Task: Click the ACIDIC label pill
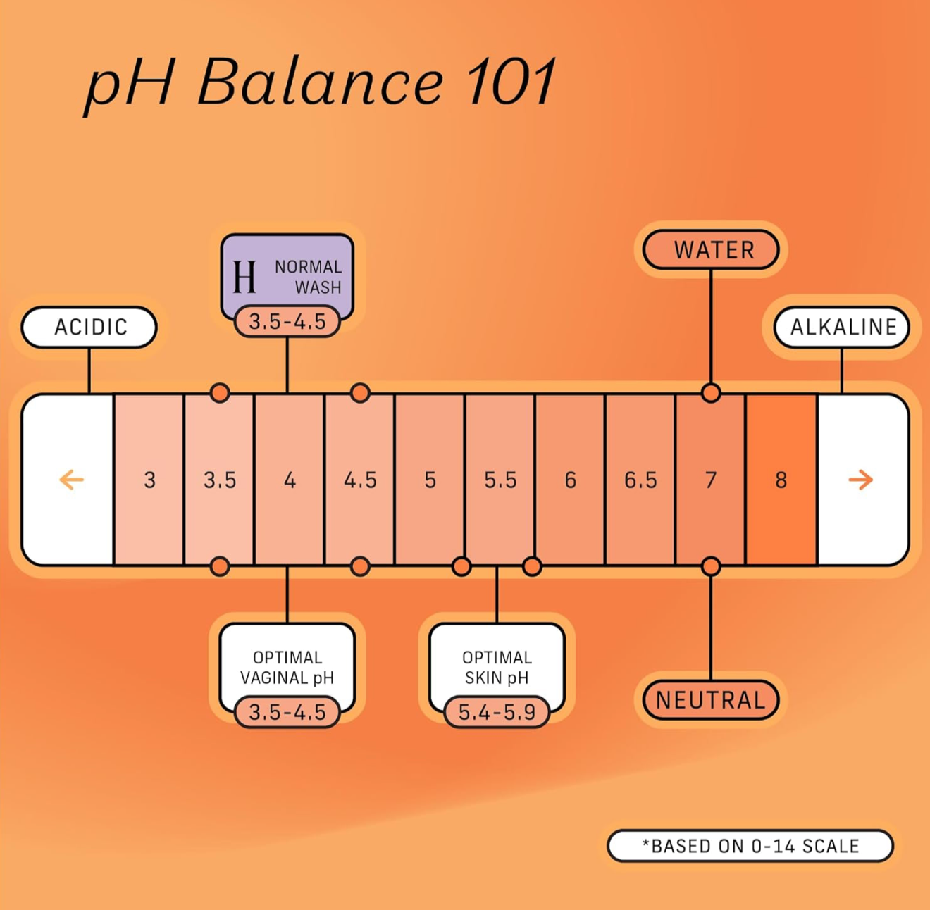coord(89,328)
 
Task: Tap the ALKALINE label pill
coord(843,328)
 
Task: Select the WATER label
coord(712,250)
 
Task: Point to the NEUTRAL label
coord(710,700)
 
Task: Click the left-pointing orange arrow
coord(71,480)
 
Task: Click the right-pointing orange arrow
coord(860,480)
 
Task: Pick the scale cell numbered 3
coord(149,480)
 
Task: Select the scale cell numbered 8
coord(781,480)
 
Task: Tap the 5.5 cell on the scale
coord(500,480)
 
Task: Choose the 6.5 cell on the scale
coord(640,480)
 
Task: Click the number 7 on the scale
coord(711,480)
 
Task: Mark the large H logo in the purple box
coord(244,276)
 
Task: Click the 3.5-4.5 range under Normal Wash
coord(287,322)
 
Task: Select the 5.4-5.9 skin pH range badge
coord(497,712)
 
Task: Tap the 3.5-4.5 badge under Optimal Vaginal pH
coord(287,712)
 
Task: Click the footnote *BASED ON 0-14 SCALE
coord(750,846)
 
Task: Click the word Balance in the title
coord(321,83)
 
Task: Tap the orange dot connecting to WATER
coord(711,393)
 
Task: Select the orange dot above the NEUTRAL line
coord(711,566)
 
